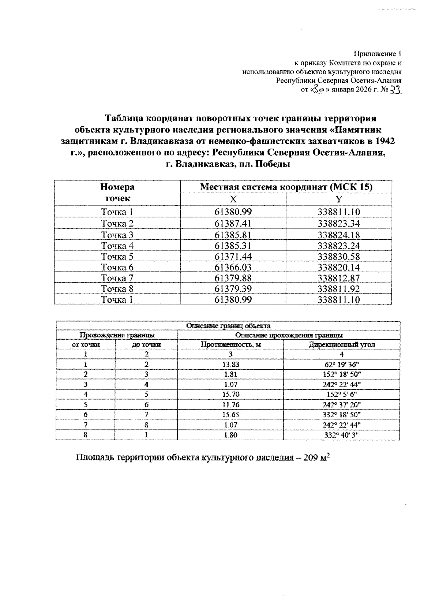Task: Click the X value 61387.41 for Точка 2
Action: (x=233, y=223)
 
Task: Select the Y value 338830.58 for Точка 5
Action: (x=339, y=257)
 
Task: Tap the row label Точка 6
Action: (x=117, y=267)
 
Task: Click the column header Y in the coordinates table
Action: (x=339, y=199)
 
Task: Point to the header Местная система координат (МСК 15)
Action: (x=286, y=187)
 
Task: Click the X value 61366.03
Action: (x=233, y=267)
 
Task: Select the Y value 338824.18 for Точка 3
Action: (x=339, y=235)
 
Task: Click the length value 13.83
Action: (x=230, y=365)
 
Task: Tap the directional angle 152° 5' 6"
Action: (x=341, y=395)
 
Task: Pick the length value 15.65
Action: (x=230, y=415)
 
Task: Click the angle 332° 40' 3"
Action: (x=341, y=435)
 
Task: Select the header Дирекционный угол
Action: (x=342, y=344)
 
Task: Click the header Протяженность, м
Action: (x=230, y=344)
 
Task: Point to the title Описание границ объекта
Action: (x=228, y=325)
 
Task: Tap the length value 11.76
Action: (x=230, y=405)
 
